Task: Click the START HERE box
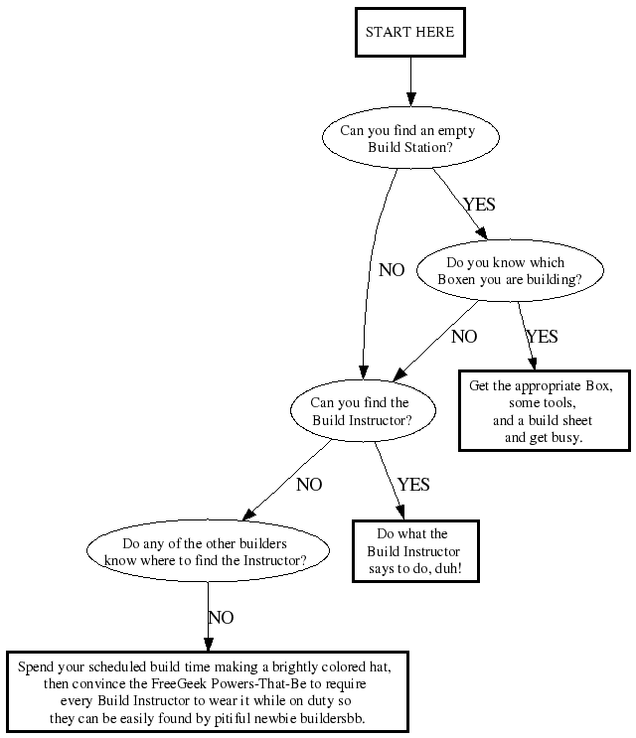[409, 32]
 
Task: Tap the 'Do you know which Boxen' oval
[510, 271]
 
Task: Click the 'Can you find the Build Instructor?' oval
[360, 411]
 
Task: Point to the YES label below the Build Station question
[478, 205]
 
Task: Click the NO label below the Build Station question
[392, 269]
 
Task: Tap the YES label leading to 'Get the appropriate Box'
[542, 337]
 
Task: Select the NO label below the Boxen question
[464, 337]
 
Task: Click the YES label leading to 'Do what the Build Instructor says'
[413, 485]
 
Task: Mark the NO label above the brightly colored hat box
[221, 618]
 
